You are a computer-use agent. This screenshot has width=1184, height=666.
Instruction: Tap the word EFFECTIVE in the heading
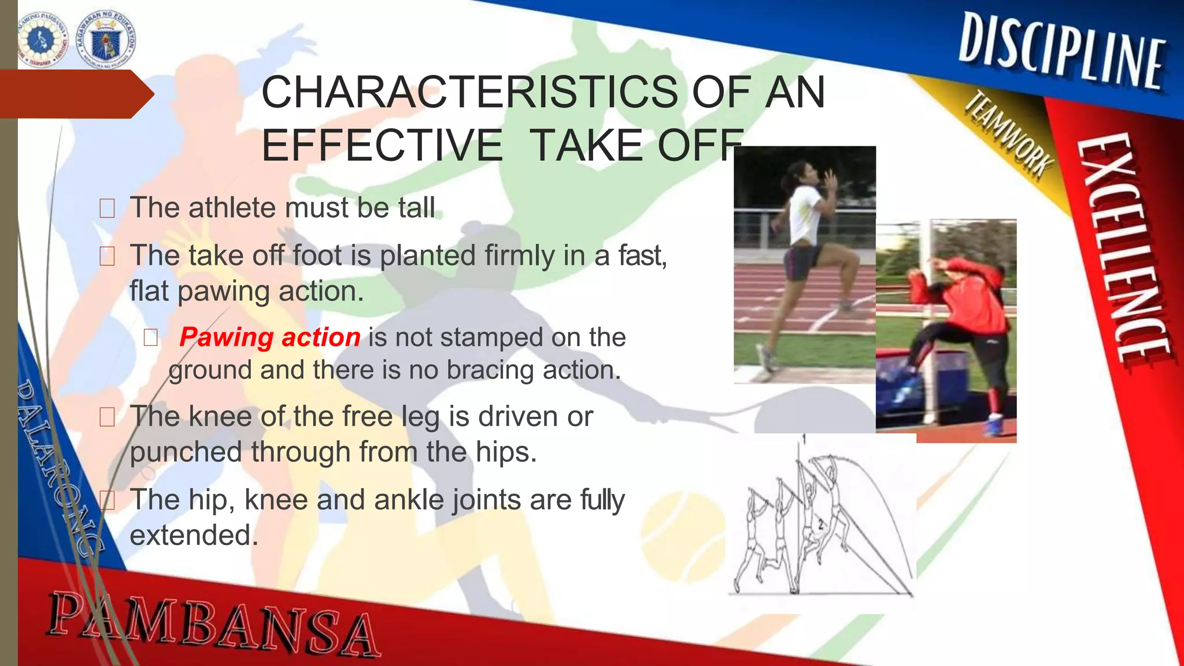[x=382, y=145]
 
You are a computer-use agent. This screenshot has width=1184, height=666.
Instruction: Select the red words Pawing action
[x=269, y=337]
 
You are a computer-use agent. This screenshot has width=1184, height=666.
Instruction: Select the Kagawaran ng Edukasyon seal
[x=106, y=39]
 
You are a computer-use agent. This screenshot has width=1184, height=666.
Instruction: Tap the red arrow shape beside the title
[x=75, y=94]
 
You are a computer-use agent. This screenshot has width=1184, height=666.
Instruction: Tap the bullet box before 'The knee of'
[x=107, y=417]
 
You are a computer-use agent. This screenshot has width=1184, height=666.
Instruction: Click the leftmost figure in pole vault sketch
[x=750, y=538]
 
